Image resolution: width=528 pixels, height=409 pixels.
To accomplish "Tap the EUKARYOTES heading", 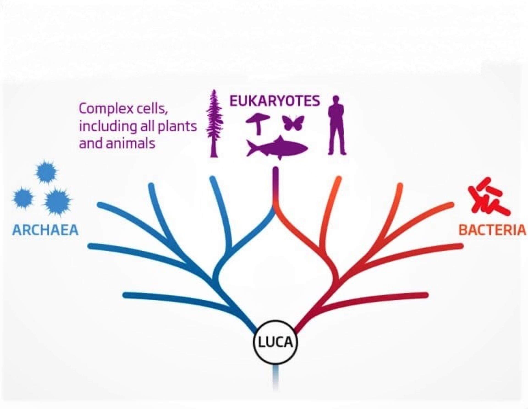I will (275, 101).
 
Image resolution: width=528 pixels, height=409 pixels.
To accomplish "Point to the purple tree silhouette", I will (214, 124).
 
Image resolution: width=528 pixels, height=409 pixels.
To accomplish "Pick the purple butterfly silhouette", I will (293, 123).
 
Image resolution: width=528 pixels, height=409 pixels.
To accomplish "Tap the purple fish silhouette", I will (278, 148).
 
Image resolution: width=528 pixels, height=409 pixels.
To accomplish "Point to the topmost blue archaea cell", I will (46, 172).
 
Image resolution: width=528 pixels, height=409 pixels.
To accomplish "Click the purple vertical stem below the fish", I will (276, 184).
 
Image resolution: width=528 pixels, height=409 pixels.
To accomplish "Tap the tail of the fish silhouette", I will (252, 148).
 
